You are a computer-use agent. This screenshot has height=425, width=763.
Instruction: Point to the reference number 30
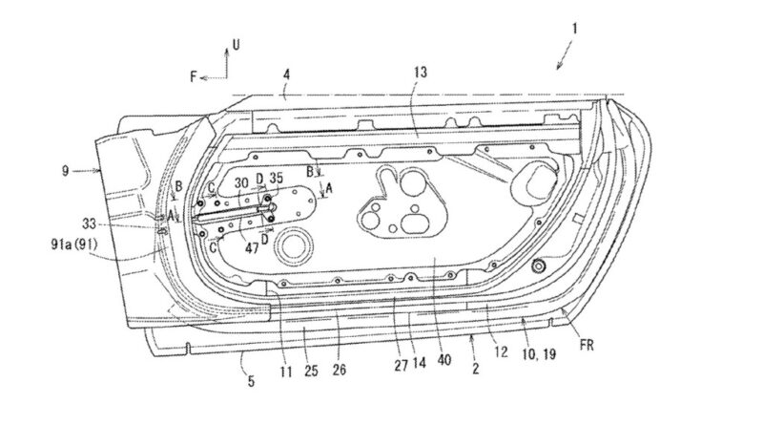pos(241,181)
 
